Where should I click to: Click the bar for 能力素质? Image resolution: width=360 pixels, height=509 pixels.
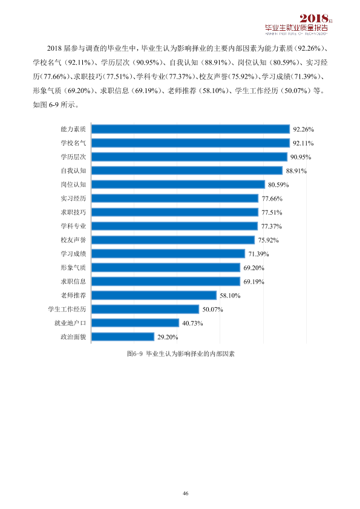[x=191, y=129]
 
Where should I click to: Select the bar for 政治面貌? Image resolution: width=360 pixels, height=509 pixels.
[x=123, y=337]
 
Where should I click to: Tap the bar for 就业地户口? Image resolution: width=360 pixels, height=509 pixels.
[x=135, y=323]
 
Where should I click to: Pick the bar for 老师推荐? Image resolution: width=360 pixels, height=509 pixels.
[x=154, y=296]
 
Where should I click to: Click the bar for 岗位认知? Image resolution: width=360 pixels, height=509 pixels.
[x=178, y=185]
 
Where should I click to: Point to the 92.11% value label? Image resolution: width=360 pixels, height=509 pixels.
[x=303, y=143]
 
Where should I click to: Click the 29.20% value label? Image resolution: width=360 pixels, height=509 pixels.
[x=168, y=337]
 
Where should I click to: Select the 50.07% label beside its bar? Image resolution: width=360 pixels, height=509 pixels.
[x=213, y=310]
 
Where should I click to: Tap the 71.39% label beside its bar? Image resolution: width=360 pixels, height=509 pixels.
[x=258, y=254]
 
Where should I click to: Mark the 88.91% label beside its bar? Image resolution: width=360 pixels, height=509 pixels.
[x=296, y=171]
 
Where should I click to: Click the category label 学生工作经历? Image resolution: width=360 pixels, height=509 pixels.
[x=67, y=310]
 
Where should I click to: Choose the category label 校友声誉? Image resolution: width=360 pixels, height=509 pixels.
[x=73, y=240]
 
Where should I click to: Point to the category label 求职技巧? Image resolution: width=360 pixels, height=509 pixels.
[x=73, y=212]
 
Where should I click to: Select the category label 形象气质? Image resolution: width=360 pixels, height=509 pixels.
[x=73, y=268]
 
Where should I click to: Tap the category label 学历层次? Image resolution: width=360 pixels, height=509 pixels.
[x=73, y=157]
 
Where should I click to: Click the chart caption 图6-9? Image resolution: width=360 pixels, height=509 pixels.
[x=135, y=354]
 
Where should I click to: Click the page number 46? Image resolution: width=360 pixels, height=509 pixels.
[x=186, y=493]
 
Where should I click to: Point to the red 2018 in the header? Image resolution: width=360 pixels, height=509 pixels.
[x=314, y=19]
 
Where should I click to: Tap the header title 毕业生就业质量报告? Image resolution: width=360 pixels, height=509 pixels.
[x=296, y=28]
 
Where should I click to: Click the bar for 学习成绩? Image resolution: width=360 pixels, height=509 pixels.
[x=168, y=254]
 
